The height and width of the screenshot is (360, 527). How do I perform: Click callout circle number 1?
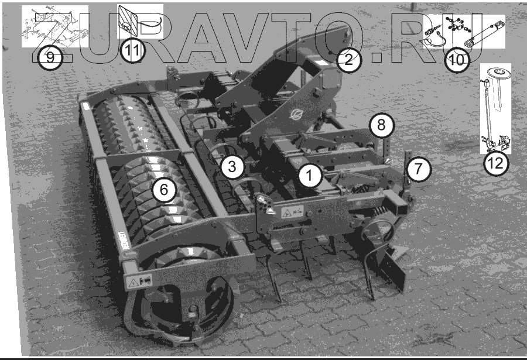[309, 175]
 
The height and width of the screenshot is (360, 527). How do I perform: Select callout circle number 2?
[348, 60]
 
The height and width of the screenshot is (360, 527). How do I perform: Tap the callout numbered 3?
[232, 166]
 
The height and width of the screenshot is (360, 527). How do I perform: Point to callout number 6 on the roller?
[164, 190]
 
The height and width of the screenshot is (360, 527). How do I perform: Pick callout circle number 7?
[418, 169]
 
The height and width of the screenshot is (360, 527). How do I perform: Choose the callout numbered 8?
[381, 125]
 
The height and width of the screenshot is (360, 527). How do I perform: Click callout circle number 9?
[50, 58]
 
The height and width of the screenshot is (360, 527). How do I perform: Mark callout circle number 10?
[457, 60]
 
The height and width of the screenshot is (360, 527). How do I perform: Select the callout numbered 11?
[132, 51]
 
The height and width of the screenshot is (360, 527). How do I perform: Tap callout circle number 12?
[496, 163]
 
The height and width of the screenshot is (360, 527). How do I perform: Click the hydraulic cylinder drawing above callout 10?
[485, 33]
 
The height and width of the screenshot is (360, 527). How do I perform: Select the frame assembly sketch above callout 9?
[55, 27]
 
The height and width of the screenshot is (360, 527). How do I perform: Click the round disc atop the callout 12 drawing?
[499, 71]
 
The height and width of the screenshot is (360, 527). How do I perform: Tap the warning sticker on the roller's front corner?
[139, 281]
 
